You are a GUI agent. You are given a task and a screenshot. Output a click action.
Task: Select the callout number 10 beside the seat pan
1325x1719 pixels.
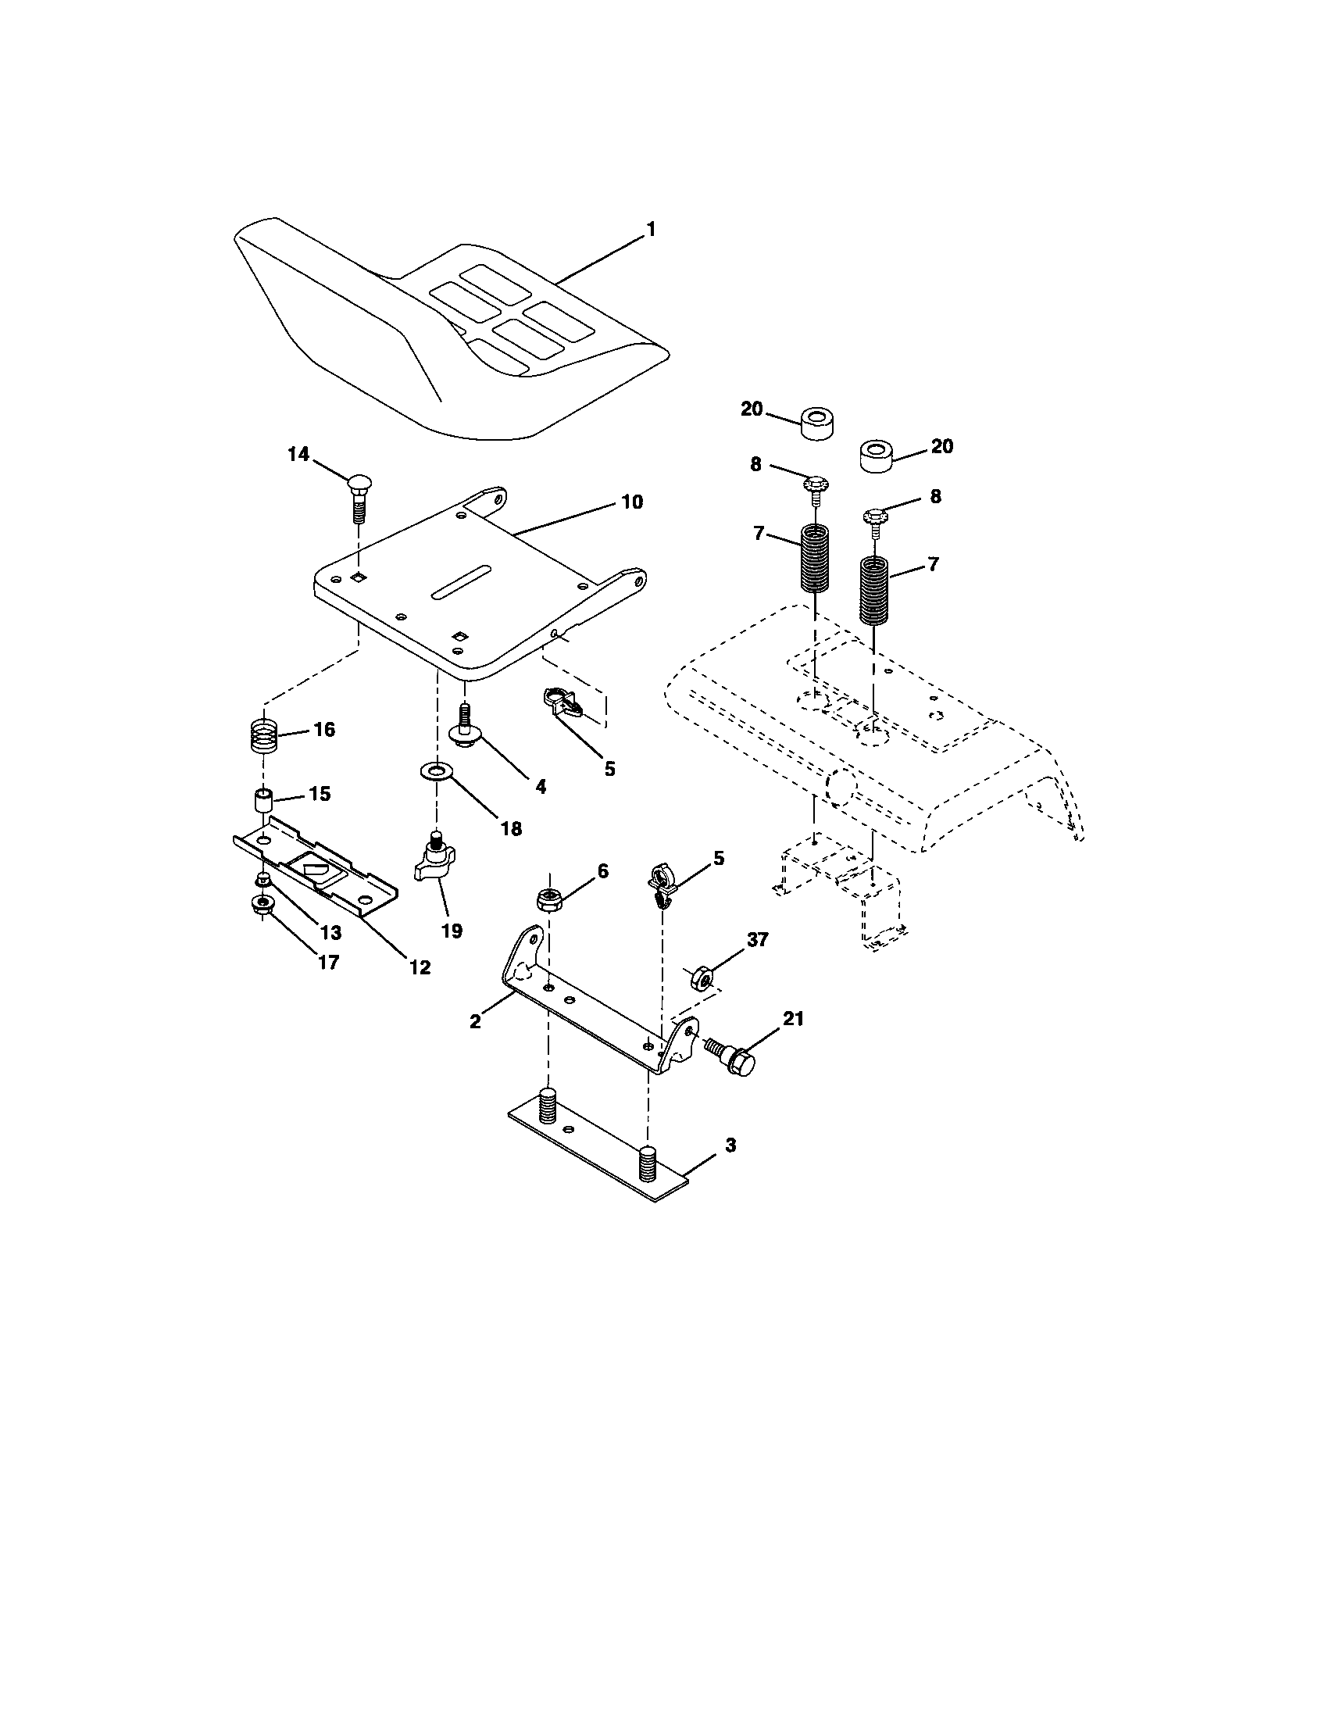point(632,502)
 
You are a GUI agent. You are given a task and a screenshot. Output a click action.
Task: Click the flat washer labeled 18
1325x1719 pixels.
point(434,770)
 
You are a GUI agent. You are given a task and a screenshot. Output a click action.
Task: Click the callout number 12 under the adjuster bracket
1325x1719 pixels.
point(420,967)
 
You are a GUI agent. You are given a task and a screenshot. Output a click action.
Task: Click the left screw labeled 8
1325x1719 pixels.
point(815,486)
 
